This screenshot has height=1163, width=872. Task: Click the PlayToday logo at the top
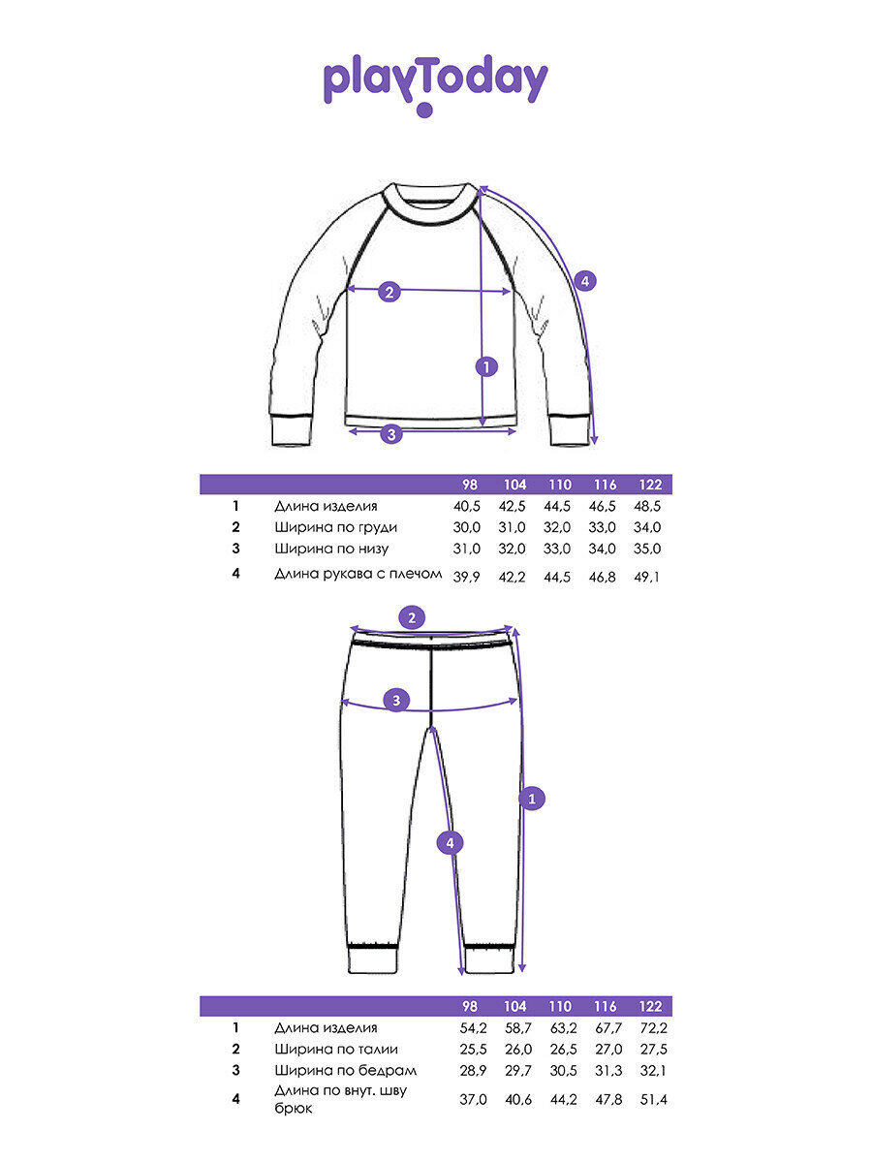click(x=435, y=83)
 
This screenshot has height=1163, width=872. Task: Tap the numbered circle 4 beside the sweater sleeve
click(x=584, y=282)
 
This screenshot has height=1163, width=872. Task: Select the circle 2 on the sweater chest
click(x=389, y=291)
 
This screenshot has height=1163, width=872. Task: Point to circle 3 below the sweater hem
click(x=390, y=433)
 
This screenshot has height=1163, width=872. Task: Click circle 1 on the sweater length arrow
click(x=486, y=366)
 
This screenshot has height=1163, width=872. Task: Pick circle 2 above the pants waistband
click(x=413, y=617)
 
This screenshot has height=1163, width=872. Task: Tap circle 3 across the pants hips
click(x=394, y=700)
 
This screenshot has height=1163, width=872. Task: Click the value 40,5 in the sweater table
click(x=467, y=506)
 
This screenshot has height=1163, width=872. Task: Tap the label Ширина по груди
click(x=335, y=527)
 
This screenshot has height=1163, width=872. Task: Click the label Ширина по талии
click(x=335, y=1049)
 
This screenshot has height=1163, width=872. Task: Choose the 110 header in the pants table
click(x=559, y=1006)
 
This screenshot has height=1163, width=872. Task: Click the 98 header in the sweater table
click(x=470, y=485)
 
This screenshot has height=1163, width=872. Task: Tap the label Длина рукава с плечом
click(x=358, y=574)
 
